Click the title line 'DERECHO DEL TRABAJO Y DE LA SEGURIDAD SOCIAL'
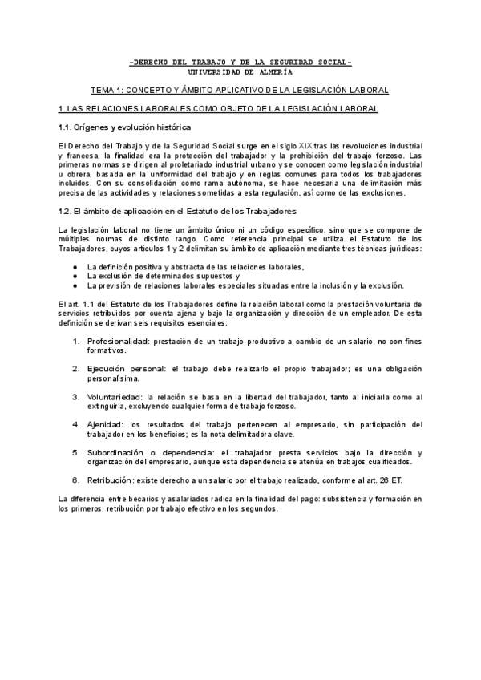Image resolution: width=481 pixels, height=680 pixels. click(x=240, y=62)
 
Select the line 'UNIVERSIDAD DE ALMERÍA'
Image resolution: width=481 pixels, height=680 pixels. click(x=240, y=71)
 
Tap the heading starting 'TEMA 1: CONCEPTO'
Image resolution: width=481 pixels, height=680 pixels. click(x=240, y=90)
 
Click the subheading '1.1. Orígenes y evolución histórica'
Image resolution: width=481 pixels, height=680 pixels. click(x=123, y=127)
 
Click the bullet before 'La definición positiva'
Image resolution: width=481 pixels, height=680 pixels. click(x=75, y=265)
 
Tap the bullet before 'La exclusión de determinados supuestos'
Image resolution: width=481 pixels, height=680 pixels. click(x=75, y=275)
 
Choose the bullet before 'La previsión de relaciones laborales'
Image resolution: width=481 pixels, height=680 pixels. click(x=75, y=285)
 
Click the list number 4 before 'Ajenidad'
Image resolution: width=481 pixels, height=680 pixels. click(x=76, y=424)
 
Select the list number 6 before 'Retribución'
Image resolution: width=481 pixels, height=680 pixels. click(x=76, y=480)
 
